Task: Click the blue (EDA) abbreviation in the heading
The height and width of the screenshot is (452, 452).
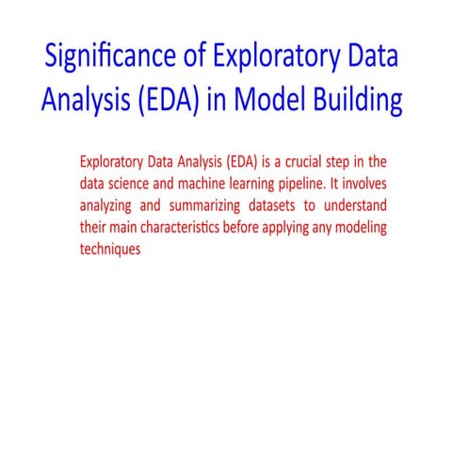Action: (x=178, y=101)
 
